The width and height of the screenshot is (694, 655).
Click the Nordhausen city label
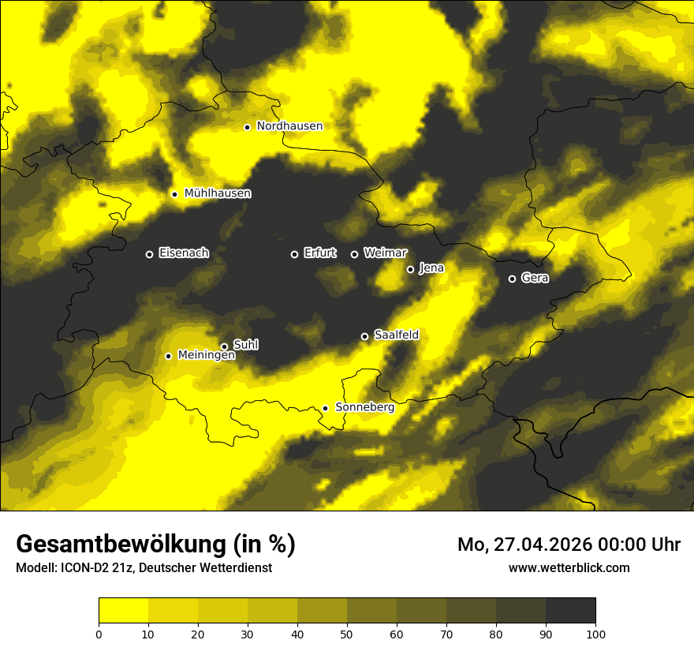[x=289, y=125]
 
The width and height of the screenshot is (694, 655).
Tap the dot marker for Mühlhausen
[x=174, y=194]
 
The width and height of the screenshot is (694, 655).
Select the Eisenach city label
[x=184, y=253]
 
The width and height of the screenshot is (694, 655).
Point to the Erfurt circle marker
[x=294, y=254]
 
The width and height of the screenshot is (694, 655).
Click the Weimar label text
[x=385, y=253]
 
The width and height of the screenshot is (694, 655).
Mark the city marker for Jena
[x=410, y=269]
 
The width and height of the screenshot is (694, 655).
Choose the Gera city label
[x=535, y=278]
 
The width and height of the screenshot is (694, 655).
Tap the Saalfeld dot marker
[x=364, y=336]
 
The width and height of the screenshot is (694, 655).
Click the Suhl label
[x=246, y=345]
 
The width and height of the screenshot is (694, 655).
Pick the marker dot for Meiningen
[x=168, y=356]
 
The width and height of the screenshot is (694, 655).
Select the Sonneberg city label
[x=364, y=407]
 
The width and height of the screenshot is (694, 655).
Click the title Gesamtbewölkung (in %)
[x=155, y=545]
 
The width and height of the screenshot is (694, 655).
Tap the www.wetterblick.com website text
[x=569, y=567]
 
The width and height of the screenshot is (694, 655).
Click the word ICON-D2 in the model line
[x=84, y=567]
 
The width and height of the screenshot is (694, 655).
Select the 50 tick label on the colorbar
[x=347, y=634]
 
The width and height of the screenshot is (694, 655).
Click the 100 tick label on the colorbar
[x=595, y=634]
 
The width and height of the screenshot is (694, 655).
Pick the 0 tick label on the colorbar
[x=99, y=634]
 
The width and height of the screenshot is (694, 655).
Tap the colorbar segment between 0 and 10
[x=123, y=610]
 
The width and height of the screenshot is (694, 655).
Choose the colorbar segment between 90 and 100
[x=570, y=610]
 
